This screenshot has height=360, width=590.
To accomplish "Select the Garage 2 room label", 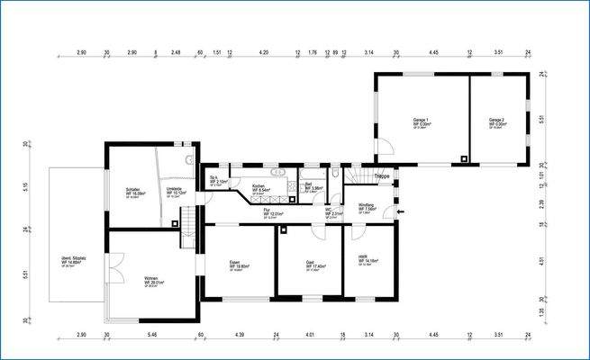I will pos(495,120).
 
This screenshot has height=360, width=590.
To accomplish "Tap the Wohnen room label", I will pos(151,279).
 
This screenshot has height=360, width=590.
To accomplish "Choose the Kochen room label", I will pos(259,186).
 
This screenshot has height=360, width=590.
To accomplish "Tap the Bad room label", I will pos(308,184).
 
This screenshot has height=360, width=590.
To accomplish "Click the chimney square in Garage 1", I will pos(463,159).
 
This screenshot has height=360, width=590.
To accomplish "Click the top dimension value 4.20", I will pos(264,53).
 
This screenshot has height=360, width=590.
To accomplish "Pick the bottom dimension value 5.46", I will pos(151,335).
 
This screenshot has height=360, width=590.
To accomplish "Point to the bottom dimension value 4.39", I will pos(240,335).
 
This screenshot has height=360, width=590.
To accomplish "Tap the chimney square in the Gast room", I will pos(283,229).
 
